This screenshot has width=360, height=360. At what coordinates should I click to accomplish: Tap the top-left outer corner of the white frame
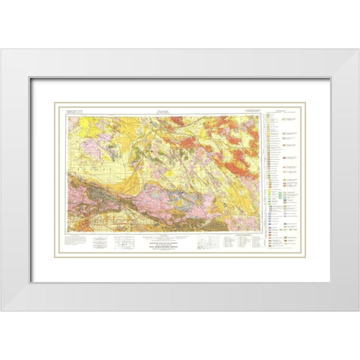point(1,49)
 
